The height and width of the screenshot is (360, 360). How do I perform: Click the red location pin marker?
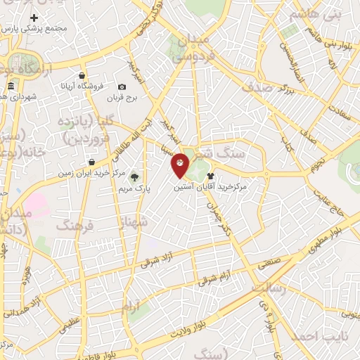pyautogui.click(x=181, y=165)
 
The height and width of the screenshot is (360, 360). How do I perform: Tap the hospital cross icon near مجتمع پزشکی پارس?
pyautogui.click(x=33, y=17)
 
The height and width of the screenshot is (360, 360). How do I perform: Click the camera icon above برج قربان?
pyautogui.click(x=122, y=86)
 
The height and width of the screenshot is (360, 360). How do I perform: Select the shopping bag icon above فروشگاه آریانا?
pyautogui.click(x=82, y=75)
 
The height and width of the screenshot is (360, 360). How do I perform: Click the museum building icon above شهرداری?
pyautogui.click(x=10, y=86)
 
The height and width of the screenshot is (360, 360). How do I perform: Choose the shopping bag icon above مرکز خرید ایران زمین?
pyautogui.click(x=91, y=162)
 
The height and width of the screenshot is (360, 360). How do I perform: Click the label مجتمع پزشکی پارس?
pyautogui.click(x=44, y=29)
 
